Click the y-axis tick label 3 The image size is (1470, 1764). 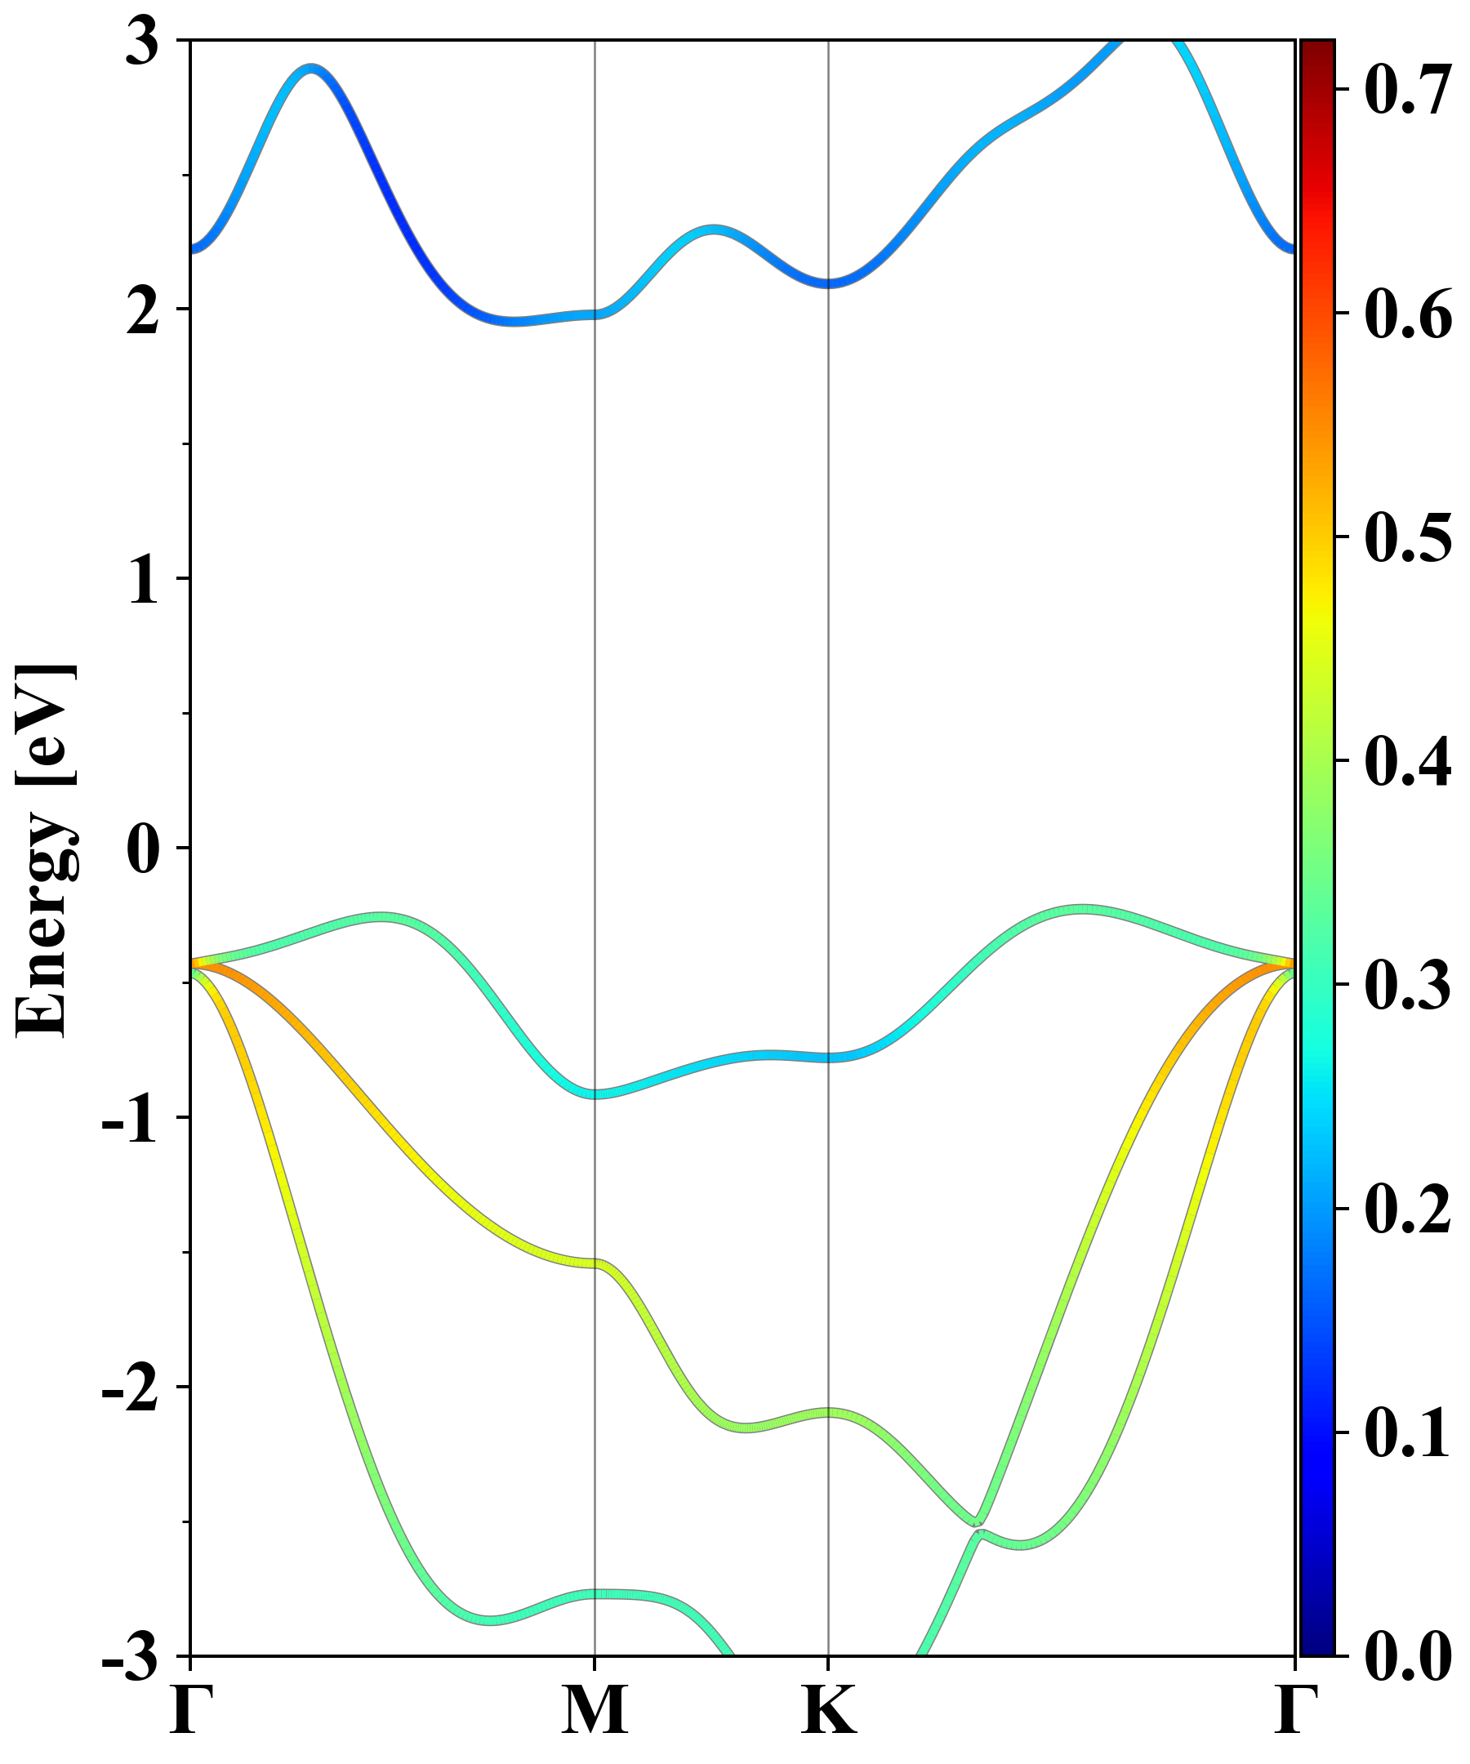(143, 42)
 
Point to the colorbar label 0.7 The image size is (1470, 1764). (1408, 90)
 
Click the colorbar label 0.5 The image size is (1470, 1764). (1408, 537)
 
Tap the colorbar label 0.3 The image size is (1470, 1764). (1408, 986)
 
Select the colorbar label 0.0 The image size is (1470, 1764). (1408, 1656)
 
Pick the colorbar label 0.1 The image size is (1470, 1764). (1408, 1433)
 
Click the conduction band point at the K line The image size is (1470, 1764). (829, 283)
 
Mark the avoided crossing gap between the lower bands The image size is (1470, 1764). (978, 1527)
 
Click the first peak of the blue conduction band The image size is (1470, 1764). (312, 68)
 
